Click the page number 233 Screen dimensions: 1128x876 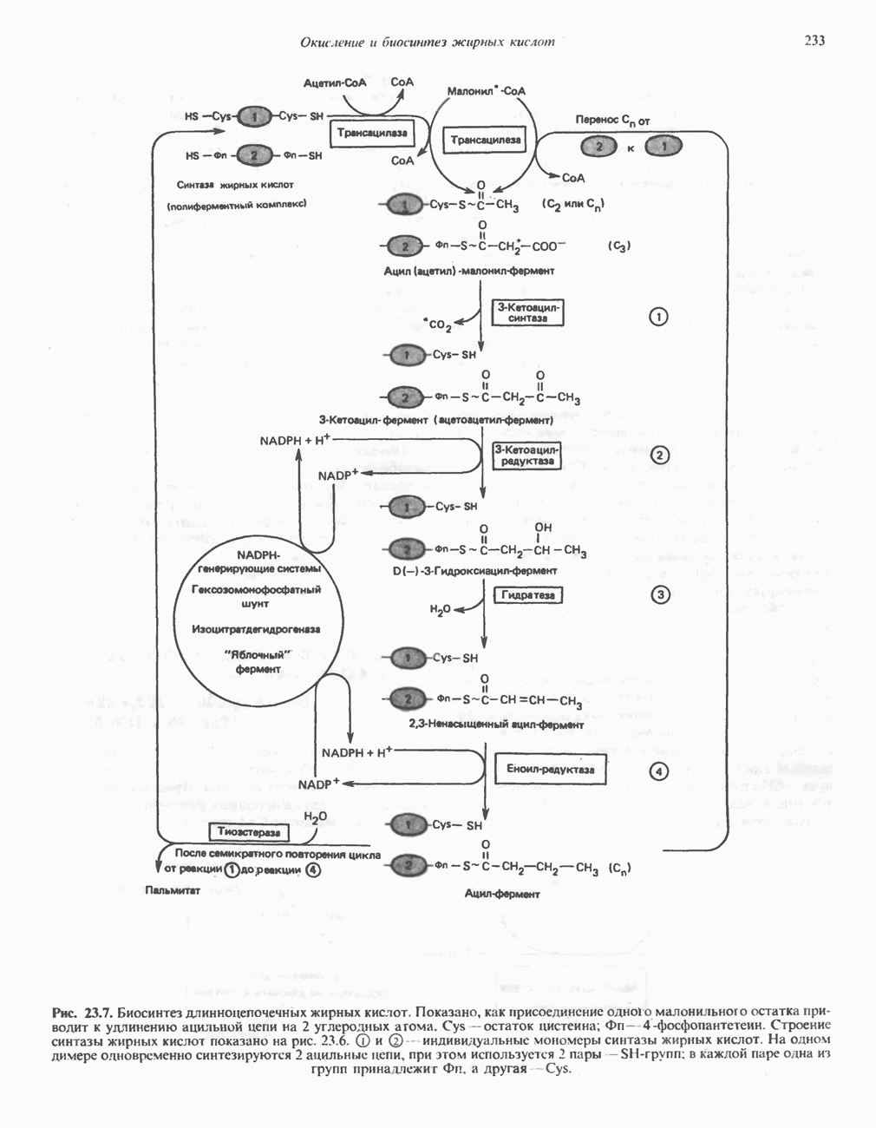(x=814, y=41)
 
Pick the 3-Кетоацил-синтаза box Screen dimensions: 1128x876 (x=528, y=312)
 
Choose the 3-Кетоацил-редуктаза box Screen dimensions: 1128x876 (x=528, y=456)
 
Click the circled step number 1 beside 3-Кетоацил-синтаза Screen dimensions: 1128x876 (x=659, y=317)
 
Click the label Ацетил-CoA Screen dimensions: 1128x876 (x=336, y=83)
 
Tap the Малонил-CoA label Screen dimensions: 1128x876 (x=486, y=90)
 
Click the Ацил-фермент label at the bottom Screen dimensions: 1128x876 (x=502, y=894)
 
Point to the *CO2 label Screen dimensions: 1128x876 (x=437, y=325)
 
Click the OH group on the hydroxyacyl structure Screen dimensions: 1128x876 (x=543, y=527)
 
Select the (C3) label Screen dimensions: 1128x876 (x=619, y=246)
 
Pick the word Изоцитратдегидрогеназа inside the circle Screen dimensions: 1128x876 (x=256, y=628)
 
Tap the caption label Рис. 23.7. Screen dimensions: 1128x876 (x=82, y=1013)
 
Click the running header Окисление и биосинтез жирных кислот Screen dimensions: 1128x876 (x=427, y=42)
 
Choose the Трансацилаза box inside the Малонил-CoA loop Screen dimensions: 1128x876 (x=486, y=139)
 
